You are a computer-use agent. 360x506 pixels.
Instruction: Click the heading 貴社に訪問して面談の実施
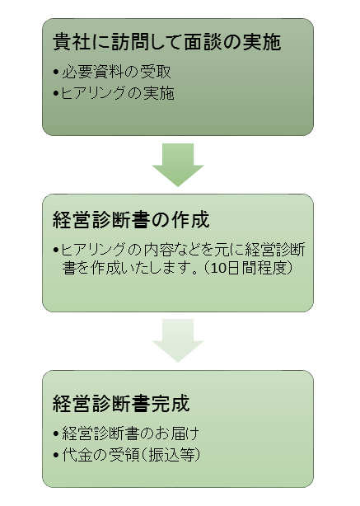pos(166,42)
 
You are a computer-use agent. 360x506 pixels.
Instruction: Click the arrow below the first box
pos(178,165)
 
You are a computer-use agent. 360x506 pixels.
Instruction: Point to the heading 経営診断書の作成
pos(131,220)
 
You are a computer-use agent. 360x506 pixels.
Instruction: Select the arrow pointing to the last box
pos(178,340)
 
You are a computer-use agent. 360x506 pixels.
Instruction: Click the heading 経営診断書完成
pos(121,403)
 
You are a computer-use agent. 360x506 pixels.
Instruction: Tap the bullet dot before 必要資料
pos(57,72)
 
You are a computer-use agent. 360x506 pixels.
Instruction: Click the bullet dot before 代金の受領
pos(57,456)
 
